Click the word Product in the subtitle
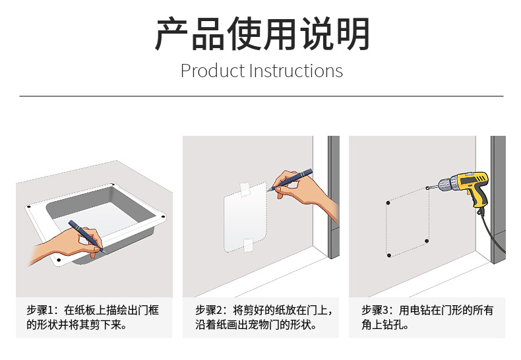pos(212,71)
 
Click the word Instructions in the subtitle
pos(296,71)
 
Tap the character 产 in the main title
pos(172,34)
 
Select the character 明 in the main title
pos(353,34)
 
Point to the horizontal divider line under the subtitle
pos(261,96)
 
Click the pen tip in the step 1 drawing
pos(106,253)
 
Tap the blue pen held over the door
pos(290,179)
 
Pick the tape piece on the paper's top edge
pos(245,189)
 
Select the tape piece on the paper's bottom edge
pos(248,245)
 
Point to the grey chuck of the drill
pos(444,185)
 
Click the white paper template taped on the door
pos(245,217)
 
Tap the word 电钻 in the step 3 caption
pos(420,310)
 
